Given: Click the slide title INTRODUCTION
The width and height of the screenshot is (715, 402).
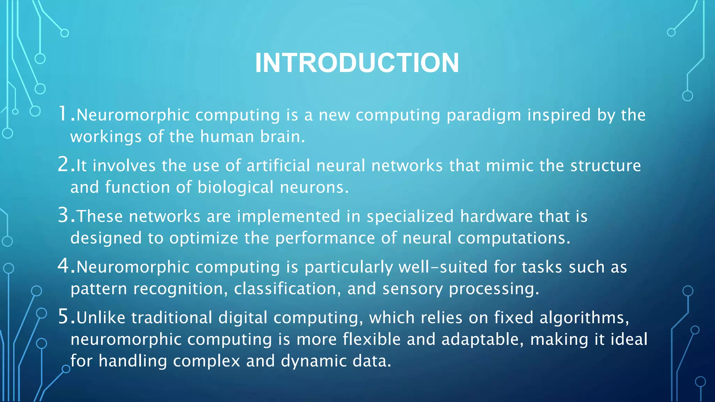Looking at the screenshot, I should tap(357, 63).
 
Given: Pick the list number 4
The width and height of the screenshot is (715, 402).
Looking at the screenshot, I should tap(64, 266).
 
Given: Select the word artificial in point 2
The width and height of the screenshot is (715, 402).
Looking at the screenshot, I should tap(278, 165).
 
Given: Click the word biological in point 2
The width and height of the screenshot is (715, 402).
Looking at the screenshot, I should tap(235, 188).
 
